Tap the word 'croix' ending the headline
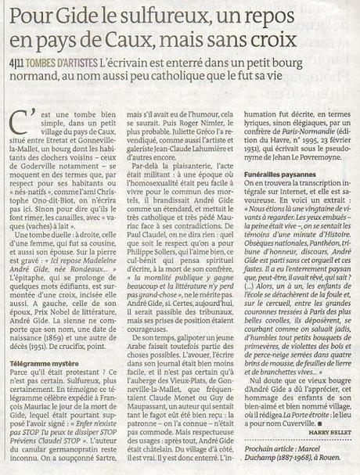[275, 37]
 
